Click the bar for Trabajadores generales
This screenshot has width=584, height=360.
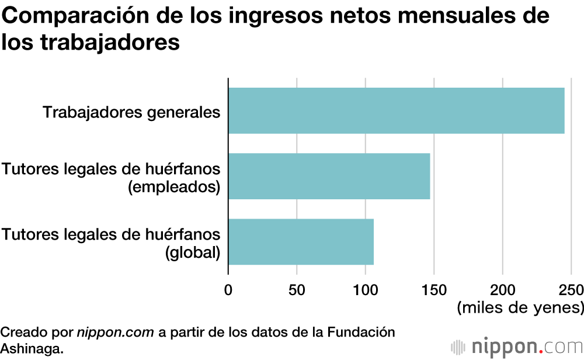click(x=396, y=110)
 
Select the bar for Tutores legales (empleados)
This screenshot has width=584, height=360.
click(x=329, y=176)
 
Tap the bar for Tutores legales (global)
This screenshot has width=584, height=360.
click(x=301, y=241)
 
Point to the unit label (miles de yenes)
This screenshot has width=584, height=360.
click(x=520, y=307)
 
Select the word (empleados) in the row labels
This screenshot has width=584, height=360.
click(x=173, y=187)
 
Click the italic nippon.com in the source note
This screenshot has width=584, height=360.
click(x=116, y=333)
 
